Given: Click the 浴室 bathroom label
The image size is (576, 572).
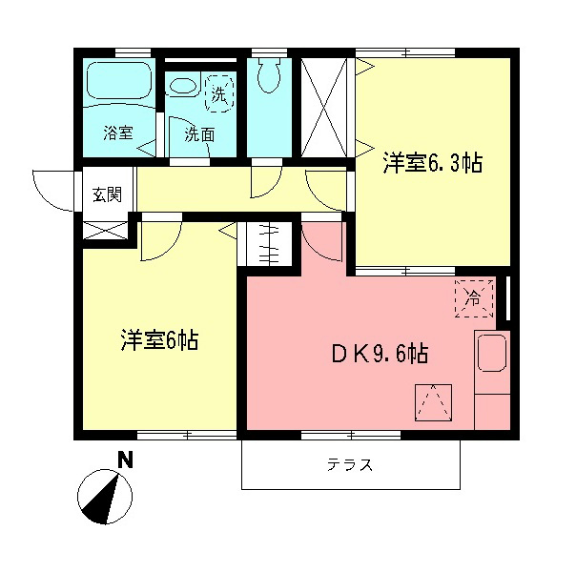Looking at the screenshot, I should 118,134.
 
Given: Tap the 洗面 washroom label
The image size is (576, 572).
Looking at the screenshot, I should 199,134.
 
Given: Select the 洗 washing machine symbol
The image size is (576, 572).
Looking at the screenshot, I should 219,94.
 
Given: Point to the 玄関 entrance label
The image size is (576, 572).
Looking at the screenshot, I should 106,195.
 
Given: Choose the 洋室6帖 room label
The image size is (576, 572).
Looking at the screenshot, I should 158,340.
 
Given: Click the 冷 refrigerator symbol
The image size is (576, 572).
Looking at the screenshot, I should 474,297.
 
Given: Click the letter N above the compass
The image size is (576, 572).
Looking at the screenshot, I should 124,460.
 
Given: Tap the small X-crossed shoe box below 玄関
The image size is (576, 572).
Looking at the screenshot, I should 104,230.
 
